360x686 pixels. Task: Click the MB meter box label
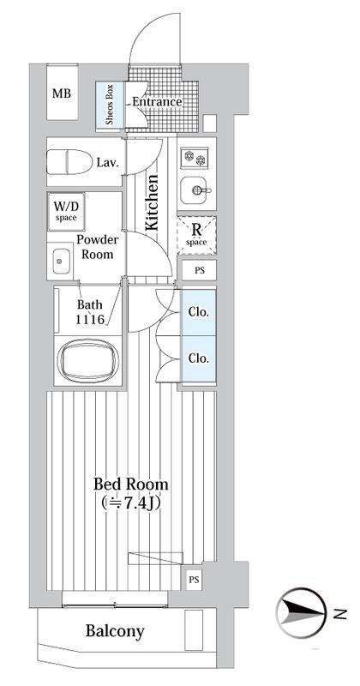point(62,93)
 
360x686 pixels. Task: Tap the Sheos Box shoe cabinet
point(110,105)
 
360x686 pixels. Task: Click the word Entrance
point(157,102)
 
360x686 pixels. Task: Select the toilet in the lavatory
point(69,161)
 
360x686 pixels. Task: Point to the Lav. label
point(108,163)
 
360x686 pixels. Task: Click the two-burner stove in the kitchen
point(195,158)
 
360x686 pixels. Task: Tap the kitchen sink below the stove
point(194,190)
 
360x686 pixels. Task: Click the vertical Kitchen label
point(152,202)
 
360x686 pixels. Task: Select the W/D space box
point(66,212)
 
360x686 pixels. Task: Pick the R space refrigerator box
point(196,235)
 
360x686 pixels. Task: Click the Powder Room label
point(98,247)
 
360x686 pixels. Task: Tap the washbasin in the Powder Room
point(60,262)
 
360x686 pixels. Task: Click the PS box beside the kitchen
point(199,270)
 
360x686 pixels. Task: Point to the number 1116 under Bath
point(90,320)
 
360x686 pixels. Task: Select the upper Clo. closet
point(199,312)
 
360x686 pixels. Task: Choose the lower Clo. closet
point(199,358)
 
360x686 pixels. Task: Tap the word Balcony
point(115,631)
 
